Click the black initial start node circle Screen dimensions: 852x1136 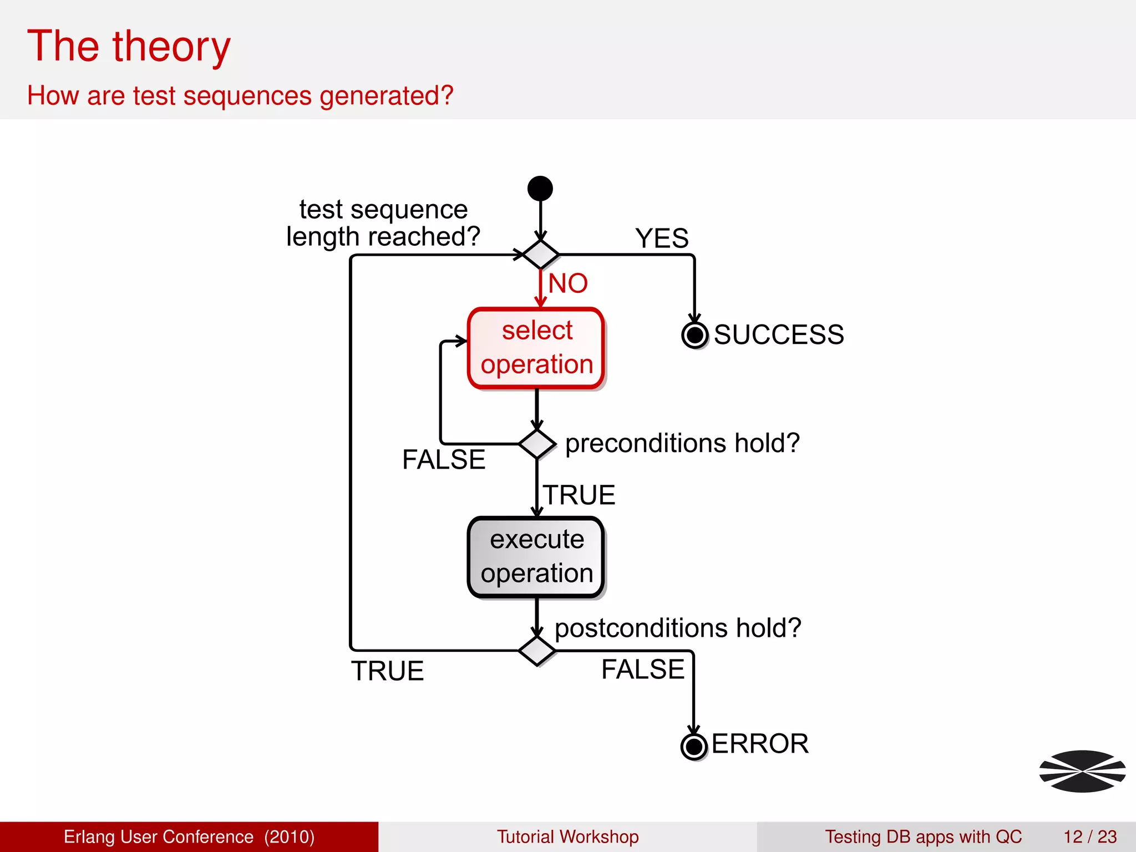click(x=540, y=189)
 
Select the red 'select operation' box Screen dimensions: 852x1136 click(x=536, y=348)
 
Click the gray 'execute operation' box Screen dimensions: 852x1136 click(x=536, y=557)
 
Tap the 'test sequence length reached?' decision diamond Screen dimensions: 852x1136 click(x=541, y=255)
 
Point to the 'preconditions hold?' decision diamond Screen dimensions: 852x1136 click(x=537, y=444)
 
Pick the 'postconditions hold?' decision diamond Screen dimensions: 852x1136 click(x=537, y=651)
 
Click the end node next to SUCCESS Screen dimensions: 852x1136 click(x=694, y=335)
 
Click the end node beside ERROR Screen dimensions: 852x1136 click(x=693, y=747)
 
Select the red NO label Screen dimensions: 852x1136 click(x=568, y=283)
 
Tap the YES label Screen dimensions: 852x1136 click(x=662, y=239)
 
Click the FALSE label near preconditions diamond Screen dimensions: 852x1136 click(x=444, y=459)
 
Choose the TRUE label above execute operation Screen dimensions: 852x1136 click(x=579, y=495)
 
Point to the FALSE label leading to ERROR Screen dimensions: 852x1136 click(x=643, y=670)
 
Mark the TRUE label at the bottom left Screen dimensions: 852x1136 click(x=387, y=671)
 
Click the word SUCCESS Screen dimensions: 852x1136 click(x=779, y=335)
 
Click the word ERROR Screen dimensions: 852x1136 click(x=759, y=744)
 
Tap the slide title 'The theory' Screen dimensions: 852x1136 click(x=129, y=47)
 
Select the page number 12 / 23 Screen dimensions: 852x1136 click(x=1089, y=836)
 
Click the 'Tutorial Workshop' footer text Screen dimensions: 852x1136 click(x=567, y=836)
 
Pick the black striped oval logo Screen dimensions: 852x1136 click(x=1082, y=771)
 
